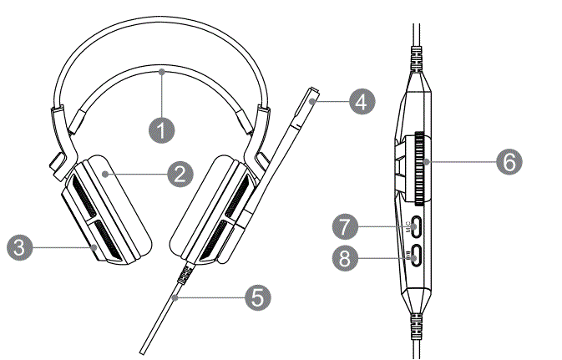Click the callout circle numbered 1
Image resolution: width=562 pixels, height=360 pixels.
[x=163, y=129]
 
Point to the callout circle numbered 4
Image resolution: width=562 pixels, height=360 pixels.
[x=359, y=102]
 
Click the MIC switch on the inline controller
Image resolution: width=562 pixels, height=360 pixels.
[x=416, y=226]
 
